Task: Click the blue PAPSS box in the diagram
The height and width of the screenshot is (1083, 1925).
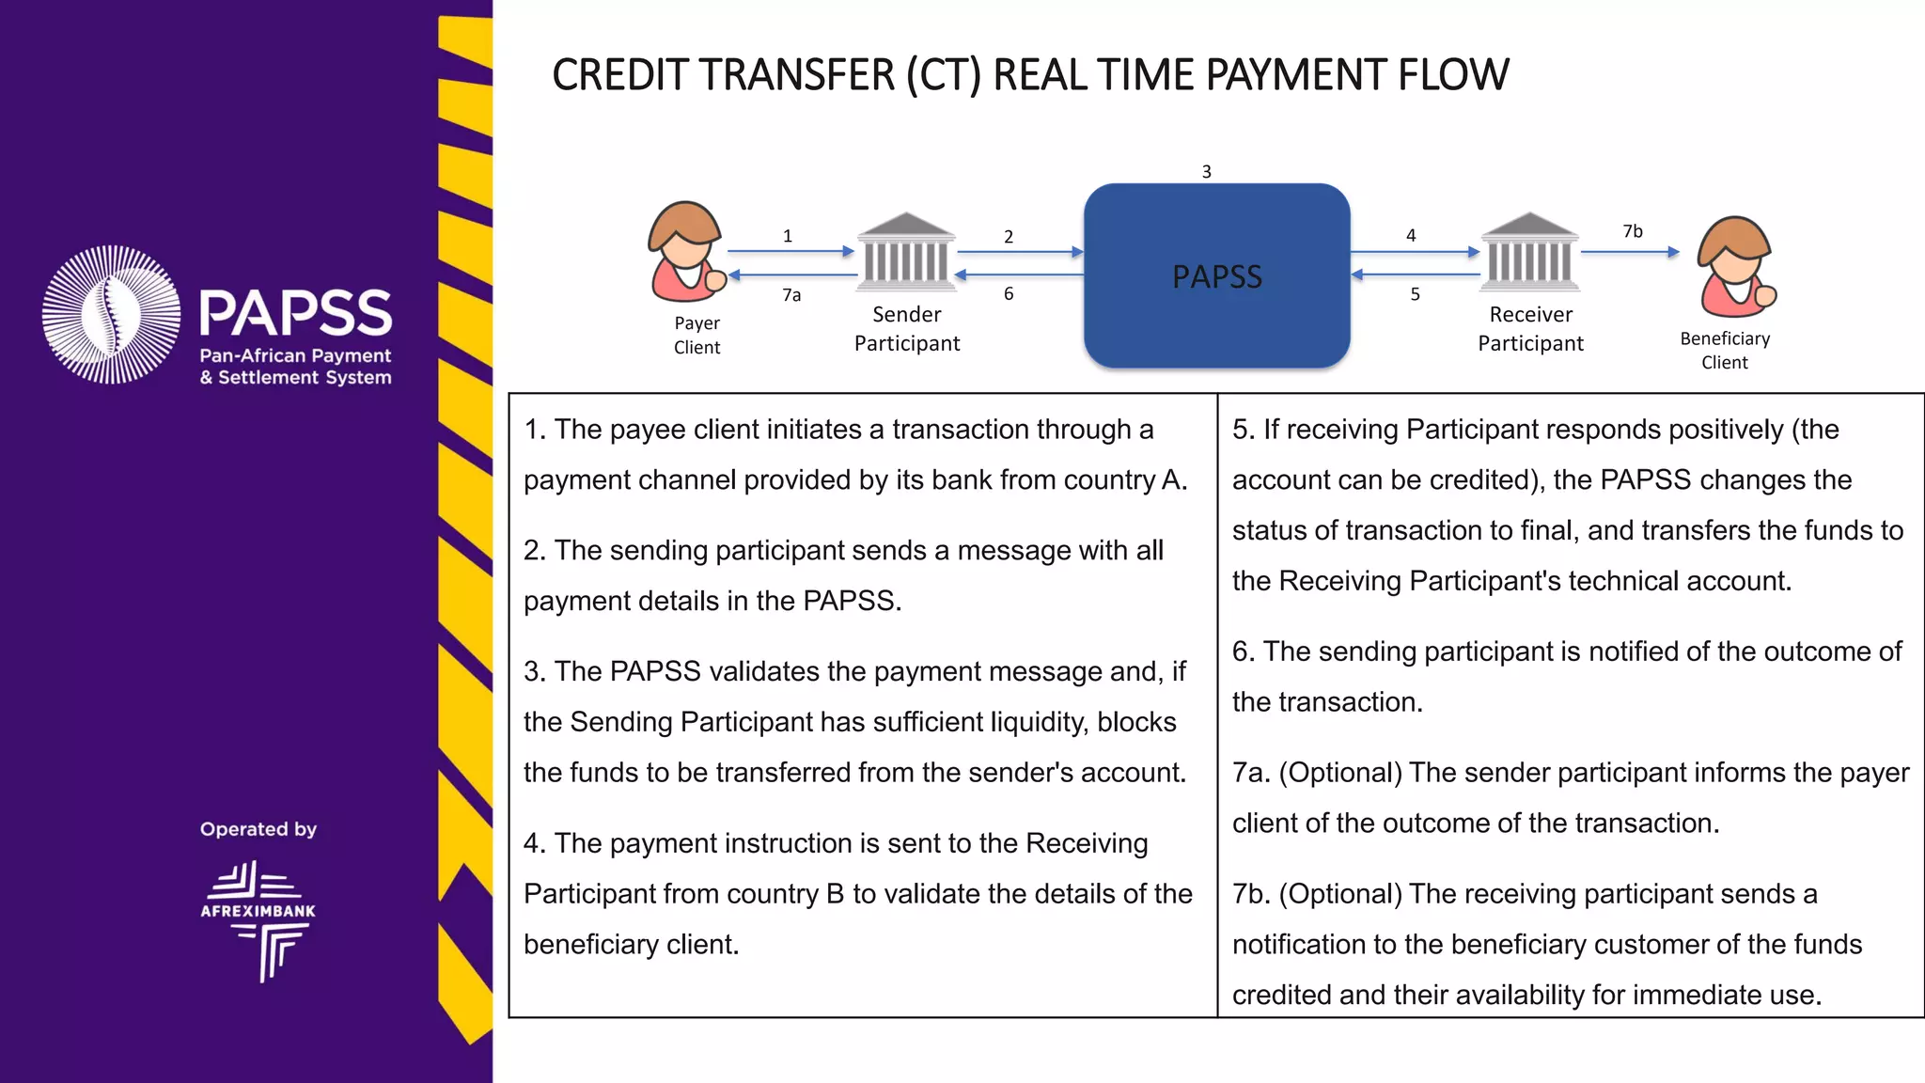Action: click(1216, 275)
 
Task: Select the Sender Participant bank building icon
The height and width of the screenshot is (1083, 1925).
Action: click(906, 250)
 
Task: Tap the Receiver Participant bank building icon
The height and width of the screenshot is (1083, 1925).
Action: click(1529, 250)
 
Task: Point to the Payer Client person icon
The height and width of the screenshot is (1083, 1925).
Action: click(686, 251)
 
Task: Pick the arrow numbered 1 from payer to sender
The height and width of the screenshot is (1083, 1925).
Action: click(790, 251)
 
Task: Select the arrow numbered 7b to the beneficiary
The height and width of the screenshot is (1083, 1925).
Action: click(1629, 252)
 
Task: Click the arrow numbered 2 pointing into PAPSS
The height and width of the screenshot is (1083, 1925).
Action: click(1020, 252)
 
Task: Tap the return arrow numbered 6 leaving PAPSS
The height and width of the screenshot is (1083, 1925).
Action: click(1020, 275)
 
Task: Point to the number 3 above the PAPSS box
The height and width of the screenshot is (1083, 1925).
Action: click(1207, 172)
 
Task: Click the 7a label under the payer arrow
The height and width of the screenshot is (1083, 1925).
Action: click(791, 295)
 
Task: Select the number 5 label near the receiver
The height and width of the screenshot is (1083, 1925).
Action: click(1415, 294)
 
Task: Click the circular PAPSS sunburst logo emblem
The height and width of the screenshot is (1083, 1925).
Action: click(112, 314)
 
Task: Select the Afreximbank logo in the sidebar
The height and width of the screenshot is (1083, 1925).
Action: click(258, 920)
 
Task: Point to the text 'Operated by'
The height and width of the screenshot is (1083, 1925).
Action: click(258, 829)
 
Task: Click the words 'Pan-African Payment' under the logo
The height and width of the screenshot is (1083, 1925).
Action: click(295, 355)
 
